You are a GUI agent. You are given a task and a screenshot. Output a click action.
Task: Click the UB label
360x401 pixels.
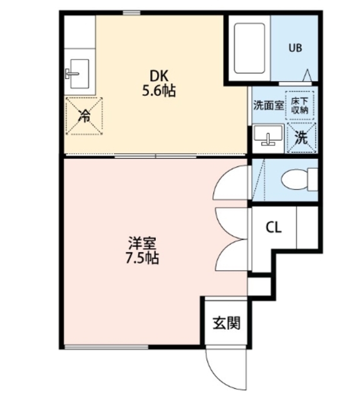point(294,47)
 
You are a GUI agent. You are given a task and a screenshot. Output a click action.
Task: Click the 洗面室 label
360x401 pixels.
point(268,106)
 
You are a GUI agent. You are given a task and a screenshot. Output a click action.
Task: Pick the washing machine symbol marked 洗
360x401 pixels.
point(301,137)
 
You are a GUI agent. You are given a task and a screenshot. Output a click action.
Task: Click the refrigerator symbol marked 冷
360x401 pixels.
point(83,115)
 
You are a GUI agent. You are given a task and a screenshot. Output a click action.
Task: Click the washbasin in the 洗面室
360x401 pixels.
point(269,136)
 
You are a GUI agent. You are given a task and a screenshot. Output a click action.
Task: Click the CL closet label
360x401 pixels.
point(274,227)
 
